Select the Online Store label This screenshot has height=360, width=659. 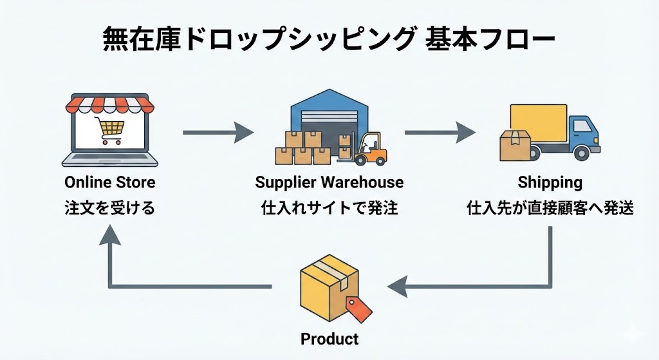click(x=110, y=182)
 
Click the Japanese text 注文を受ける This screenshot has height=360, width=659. click(x=110, y=209)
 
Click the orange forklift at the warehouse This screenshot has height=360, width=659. click(x=372, y=149)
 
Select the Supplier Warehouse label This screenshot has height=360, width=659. click(x=329, y=182)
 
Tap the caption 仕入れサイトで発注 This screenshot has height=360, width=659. click(x=329, y=209)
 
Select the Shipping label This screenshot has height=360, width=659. click(x=550, y=182)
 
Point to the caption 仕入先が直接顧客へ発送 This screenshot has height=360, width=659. click(x=550, y=209)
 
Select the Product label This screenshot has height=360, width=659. click(x=329, y=339)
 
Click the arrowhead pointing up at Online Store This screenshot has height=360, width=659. click(x=110, y=237)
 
